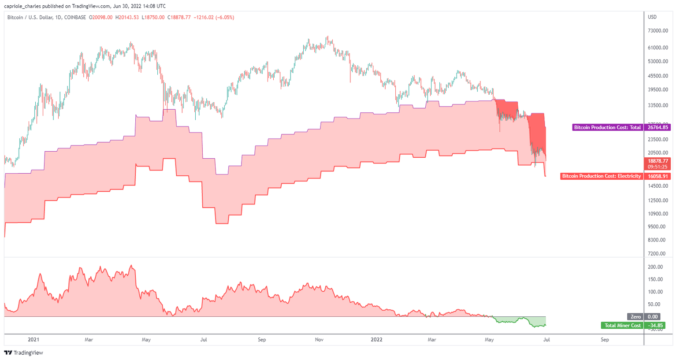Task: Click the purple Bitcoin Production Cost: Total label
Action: click(x=607, y=127)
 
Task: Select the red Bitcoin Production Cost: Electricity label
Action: click(x=601, y=176)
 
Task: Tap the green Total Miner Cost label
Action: click(x=622, y=326)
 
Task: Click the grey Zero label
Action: click(x=635, y=317)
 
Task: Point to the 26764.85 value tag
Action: click(x=658, y=127)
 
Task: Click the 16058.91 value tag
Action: click(x=658, y=176)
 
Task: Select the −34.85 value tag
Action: click(x=655, y=326)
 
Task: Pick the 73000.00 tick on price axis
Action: click(x=658, y=31)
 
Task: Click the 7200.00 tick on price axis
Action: click(x=657, y=253)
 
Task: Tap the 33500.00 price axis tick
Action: click(x=658, y=106)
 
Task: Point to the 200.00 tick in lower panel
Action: click(x=655, y=267)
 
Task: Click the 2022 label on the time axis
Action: click(x=376, y=340)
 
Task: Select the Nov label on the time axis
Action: click(x=319, y=340)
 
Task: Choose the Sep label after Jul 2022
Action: click(x=605, y=340)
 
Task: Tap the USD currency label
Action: click(x=652, y=17)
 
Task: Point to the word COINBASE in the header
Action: click(x=75, y=18)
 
